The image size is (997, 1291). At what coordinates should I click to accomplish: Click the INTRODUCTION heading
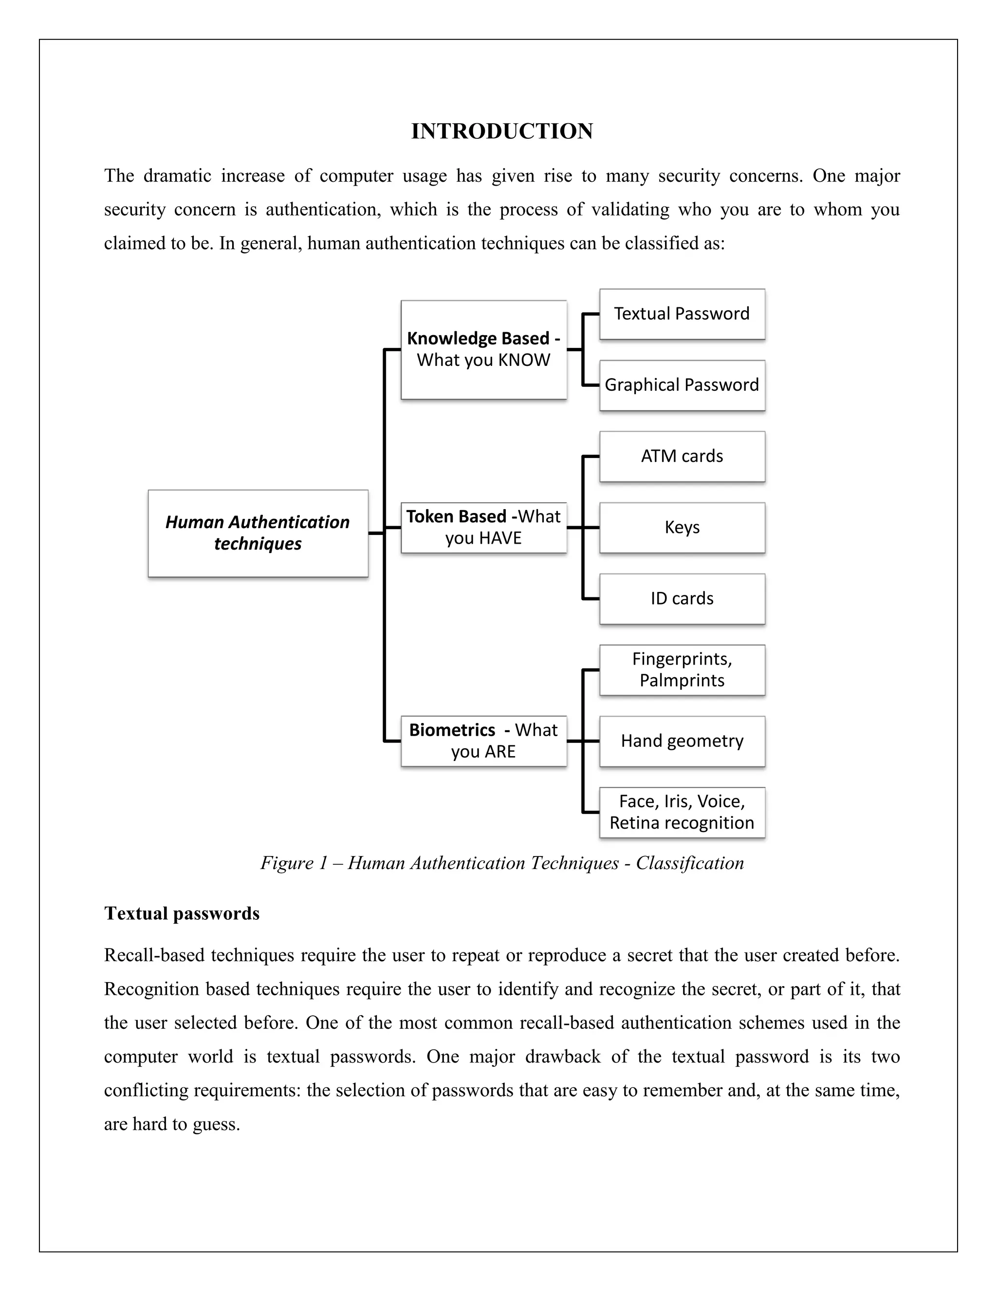(x=501, y=131)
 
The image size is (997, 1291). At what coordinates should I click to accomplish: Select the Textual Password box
(x=682, y=314)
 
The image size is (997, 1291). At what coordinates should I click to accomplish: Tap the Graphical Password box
(x=682, y=385)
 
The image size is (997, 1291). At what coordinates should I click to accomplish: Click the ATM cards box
(x=682, y=456)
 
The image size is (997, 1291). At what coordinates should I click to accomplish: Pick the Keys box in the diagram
(x=682, y=527)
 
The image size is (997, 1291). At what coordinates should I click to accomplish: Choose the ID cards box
(x=682, y=599)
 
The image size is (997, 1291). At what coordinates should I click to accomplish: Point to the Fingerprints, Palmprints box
(x=682, y=670)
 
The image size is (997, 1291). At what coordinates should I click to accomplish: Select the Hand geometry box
(x=682, y=741)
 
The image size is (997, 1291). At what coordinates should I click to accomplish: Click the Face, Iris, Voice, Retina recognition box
(x=682, y=812)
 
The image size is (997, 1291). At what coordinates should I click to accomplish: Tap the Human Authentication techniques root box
(x=258, y=533)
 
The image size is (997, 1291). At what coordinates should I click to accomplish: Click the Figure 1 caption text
(x=501, y=863)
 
